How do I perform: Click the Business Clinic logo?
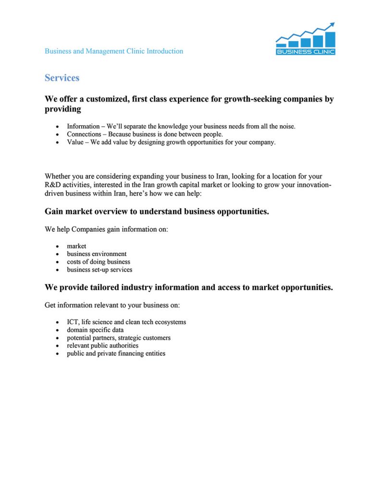tap(306, 39)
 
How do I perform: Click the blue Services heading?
tap(62, 78)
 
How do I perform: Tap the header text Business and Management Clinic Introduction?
tap(114, 51)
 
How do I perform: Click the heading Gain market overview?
tap(157, 211)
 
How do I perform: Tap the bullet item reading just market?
tap(76, 246)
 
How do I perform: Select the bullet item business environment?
tap(97, 254)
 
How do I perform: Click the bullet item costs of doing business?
tap(98, 262)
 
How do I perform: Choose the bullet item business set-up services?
tap(99, 269)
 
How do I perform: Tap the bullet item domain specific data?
tap(95, 330)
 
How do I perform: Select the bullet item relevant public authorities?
tap(102, 346)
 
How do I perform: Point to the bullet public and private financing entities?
tap(116, 353)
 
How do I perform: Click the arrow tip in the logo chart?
tap(332, 24)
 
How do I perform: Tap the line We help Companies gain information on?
tap(106, 230)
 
